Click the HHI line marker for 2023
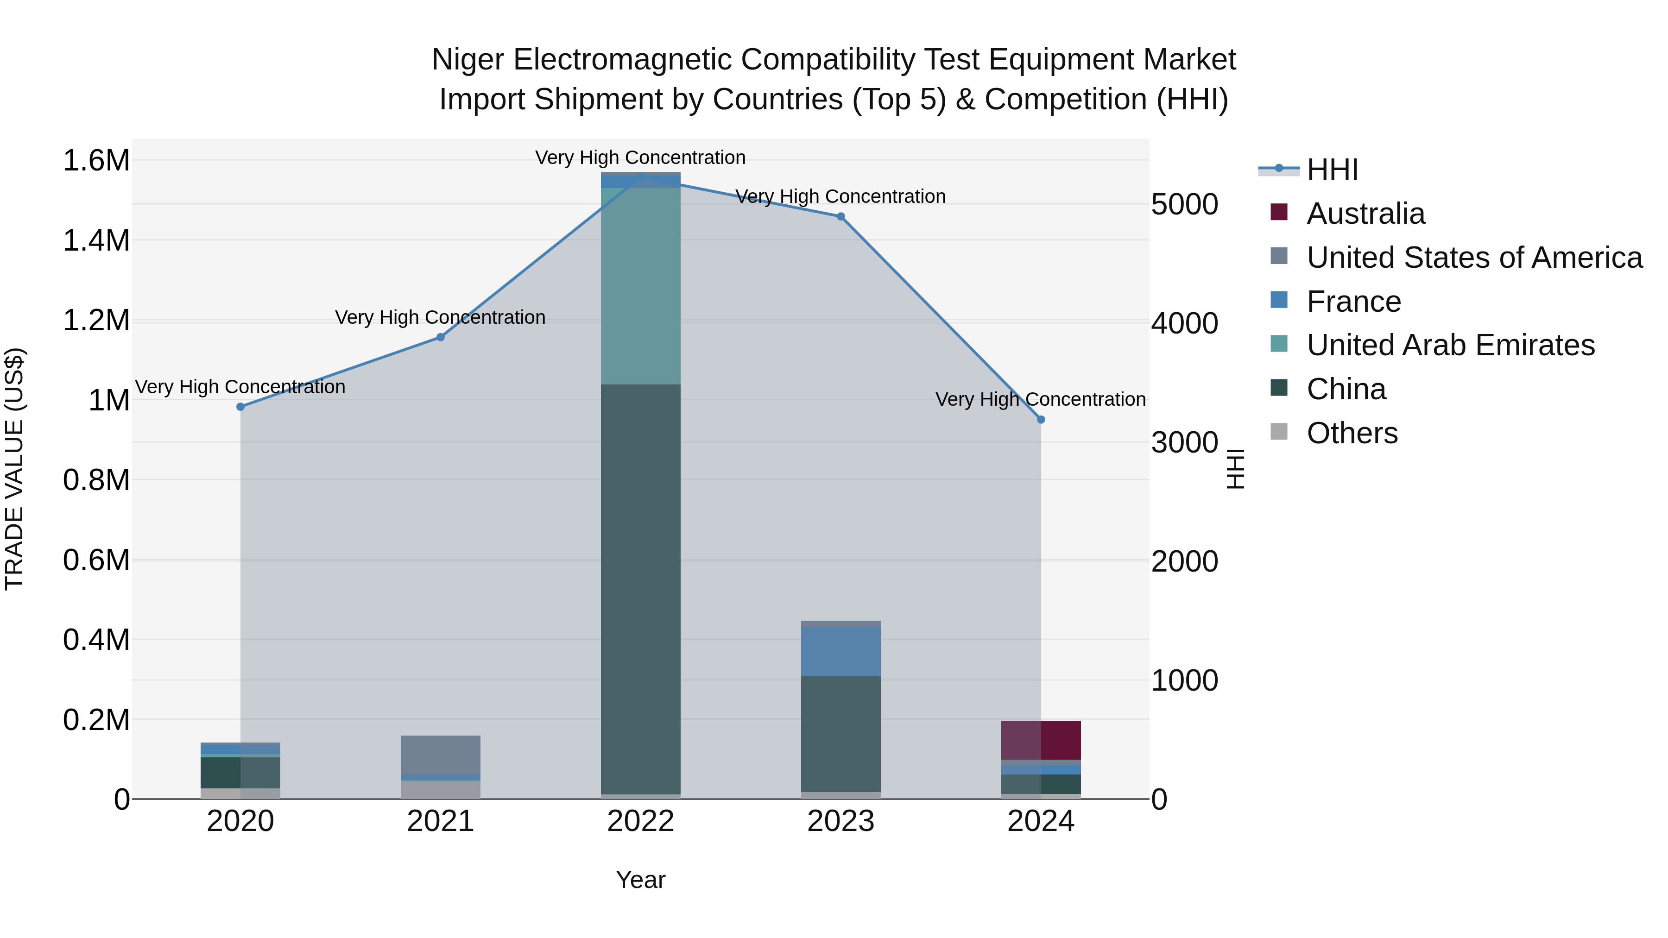point(840,216)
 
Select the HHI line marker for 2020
point(240,407)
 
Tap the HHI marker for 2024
point(1041,420)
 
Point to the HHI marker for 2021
point(440,337)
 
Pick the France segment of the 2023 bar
point(840,651)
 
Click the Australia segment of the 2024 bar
point(1041,740)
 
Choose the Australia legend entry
point(1365,214)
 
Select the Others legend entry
point(1352,433)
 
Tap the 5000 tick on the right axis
point(1184,205)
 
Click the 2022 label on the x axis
point(640,821)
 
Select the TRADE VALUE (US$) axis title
point(14,469)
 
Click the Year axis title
point(640,880)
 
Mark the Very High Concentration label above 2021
point(440,317)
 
